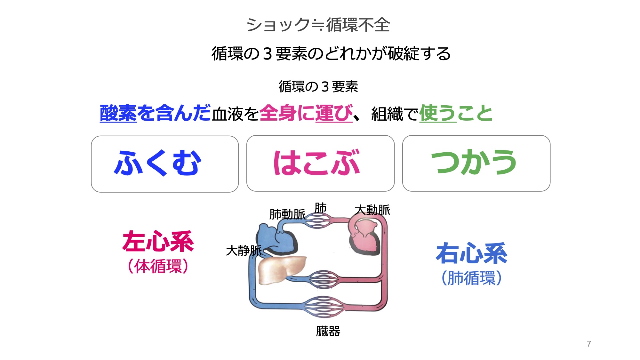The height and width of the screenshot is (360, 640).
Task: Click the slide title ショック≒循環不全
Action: (318, 25)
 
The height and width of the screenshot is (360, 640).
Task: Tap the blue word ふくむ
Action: (157, 163)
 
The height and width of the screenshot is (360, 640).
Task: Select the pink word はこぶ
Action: (317, 163)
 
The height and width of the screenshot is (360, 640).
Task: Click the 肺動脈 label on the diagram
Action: (287, 214)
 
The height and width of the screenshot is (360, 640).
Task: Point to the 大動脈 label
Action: (372, 210)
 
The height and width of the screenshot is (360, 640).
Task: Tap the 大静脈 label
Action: (244, 251)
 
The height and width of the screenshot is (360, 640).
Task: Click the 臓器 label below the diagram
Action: (328, 331)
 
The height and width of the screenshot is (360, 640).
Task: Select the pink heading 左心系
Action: (158, 242)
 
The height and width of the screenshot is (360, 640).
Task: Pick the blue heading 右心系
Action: (471, 253)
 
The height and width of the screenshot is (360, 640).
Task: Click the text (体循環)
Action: (158, 267)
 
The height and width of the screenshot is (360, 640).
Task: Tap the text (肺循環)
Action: (471, 278)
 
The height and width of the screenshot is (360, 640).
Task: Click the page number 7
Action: (589, 344)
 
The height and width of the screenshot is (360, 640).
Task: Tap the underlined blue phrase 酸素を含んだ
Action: (155, 113)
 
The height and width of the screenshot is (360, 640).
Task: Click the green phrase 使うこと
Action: (456, 113)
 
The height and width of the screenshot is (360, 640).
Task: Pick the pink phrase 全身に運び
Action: (306, 113)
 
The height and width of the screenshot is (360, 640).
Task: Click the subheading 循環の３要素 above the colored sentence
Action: (318, 87)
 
